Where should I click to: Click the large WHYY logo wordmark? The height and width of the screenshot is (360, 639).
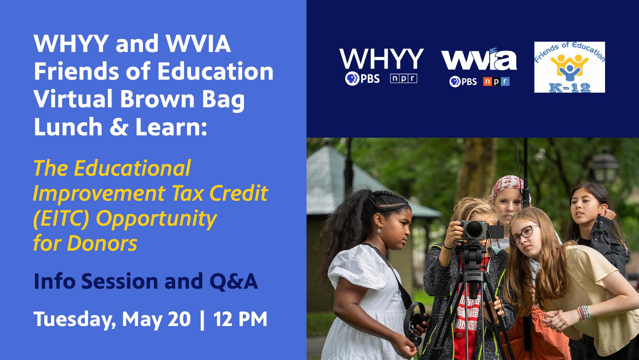click(381, 59)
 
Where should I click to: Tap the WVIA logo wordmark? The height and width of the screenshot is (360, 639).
click(479, 61)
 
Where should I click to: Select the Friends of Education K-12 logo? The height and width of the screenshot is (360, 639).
click(569, 67)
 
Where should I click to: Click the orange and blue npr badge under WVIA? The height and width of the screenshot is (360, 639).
click(496, 81)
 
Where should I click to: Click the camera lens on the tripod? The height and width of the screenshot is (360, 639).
click(474, 229)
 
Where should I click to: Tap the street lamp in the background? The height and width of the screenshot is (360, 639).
click(605, 165)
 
